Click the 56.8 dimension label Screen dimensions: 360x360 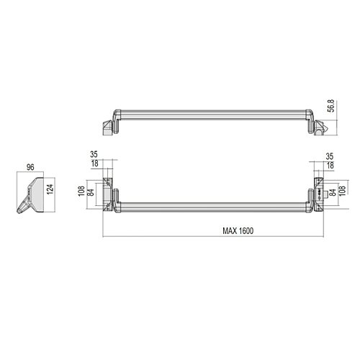click(x=331, y=106)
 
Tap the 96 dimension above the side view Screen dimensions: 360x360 click(x=30, y=167)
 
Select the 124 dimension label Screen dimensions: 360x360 click(x=50, y=189)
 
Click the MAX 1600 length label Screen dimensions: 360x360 click(x=238, y=231)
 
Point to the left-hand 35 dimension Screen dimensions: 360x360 click(x=94, y=154)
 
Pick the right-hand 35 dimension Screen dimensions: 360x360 click(x=330, y=156)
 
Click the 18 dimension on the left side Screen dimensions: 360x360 click(x=95, y=163)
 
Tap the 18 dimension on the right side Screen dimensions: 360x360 click(x=330, y=166)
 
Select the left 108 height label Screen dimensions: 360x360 click(x=81, y=191)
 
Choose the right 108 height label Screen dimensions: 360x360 click(x=342, y=191)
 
